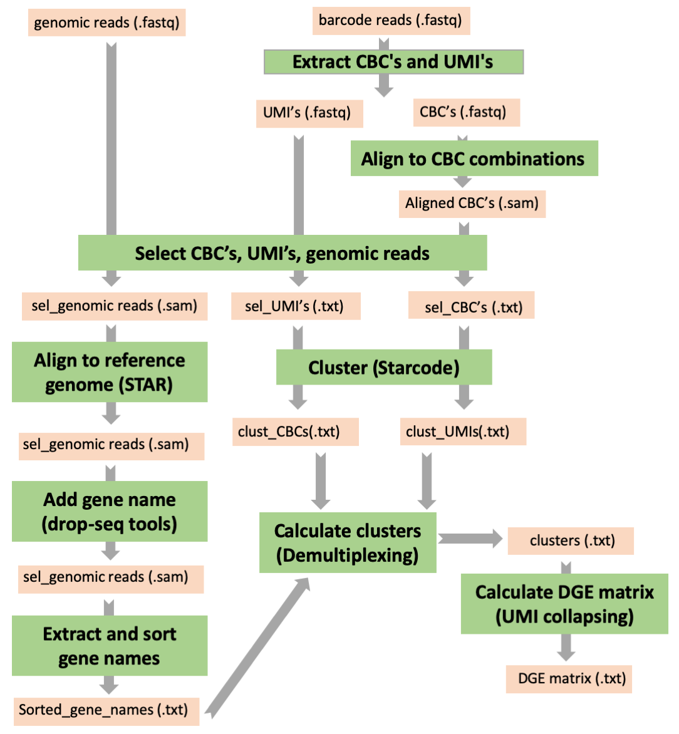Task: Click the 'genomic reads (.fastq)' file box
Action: click(106, 23)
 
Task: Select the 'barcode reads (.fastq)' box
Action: click(391, 21)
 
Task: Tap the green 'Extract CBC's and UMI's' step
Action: click(393, 62)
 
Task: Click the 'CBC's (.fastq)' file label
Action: click(465, 112)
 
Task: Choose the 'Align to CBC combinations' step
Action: click(474, 158)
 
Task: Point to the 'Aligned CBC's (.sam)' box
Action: click(472, 204)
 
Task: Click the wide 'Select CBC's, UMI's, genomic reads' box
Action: click(282, 253)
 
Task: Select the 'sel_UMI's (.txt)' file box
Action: click(296, 306)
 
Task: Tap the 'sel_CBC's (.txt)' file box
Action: click(471, 307)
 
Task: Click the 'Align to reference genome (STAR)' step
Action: click(110, 372)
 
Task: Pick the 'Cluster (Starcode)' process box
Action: click(384, 367)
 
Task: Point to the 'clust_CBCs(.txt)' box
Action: click(295, 432)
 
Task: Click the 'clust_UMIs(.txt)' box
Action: click(463, 432)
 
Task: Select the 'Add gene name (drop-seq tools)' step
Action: click(110, 511)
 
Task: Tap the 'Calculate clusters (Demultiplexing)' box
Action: click(348, 542)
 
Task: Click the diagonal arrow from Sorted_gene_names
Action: click(257, 648)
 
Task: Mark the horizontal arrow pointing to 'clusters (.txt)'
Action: click(470, 539)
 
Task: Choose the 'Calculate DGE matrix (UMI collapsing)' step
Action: click(564, 604)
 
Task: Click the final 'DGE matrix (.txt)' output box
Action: click(569, 679)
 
